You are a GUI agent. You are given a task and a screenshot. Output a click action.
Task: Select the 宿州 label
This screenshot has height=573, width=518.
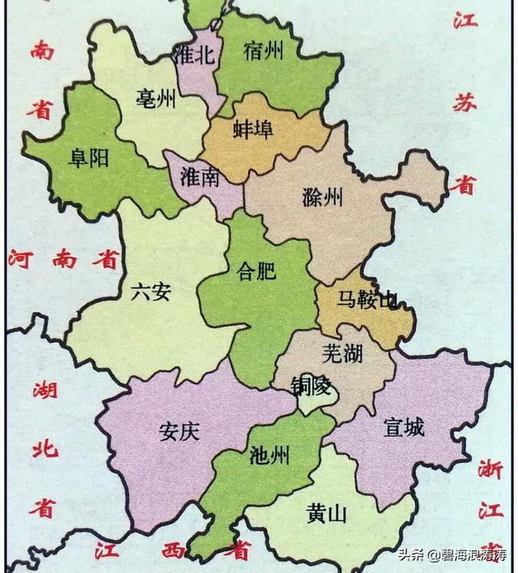point(263,52)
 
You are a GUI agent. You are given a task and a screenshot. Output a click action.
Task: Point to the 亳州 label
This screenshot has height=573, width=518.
point(156,100)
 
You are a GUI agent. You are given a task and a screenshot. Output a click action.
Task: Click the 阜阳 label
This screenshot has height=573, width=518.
point(89,159)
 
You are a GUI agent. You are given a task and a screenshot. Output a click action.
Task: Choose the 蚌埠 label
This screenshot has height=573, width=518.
point(253,129)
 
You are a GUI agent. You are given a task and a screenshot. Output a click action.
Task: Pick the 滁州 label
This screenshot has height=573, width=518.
point(322,197)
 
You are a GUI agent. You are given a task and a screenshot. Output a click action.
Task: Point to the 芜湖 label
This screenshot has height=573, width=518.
point(342,353)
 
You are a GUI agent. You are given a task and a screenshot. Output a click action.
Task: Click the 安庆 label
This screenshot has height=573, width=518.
point(179,431)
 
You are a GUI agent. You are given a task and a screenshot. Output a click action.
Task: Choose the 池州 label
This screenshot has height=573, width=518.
point(270,456)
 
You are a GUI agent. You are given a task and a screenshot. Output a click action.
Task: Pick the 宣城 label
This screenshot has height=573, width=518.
point(404,427)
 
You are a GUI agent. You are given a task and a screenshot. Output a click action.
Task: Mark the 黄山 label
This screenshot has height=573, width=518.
point(327,513)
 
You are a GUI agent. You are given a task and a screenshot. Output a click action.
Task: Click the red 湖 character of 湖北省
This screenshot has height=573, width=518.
point(45,390)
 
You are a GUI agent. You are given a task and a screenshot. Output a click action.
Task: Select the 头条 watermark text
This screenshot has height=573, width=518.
point(412,555)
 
